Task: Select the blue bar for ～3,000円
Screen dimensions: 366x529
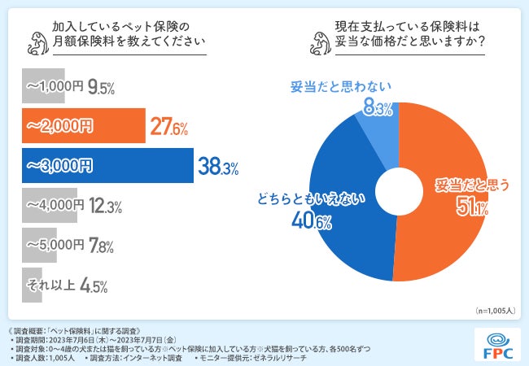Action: click(107, 167)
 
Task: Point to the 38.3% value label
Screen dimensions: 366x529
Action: click(217, 168)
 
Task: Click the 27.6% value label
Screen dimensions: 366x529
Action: click(170, 128)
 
